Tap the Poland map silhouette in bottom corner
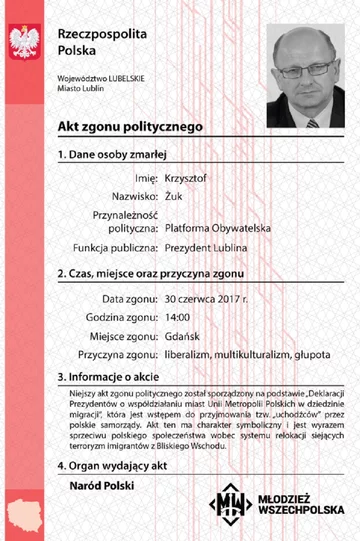(22, 516)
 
